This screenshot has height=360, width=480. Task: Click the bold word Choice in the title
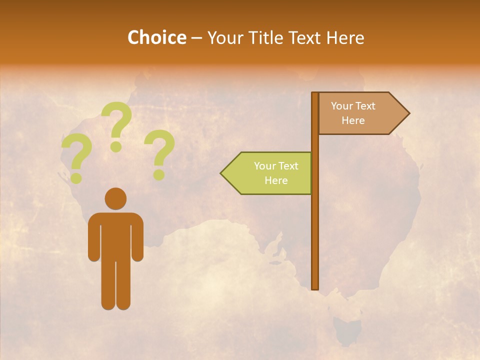[156, 37]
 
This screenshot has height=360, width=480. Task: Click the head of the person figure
[115, 198]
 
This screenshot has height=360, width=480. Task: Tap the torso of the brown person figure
[115, 235]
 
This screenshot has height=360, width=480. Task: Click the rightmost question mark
[159, 152]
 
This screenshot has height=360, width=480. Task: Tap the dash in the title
[196, 38]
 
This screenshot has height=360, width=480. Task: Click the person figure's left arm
[93, 240]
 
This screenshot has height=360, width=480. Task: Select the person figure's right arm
[138, 240]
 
